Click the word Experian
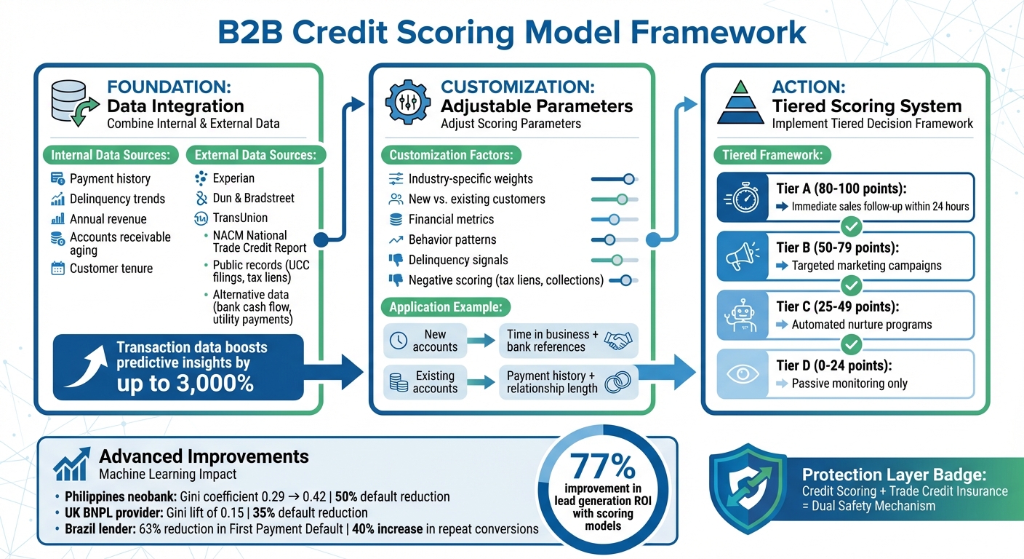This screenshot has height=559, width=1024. (x=233, y=178)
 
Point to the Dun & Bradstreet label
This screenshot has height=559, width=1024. (x=253, y=198)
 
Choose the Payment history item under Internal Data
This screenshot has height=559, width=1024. (x=110, y=178)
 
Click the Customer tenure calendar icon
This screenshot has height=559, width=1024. (x=58, y=269)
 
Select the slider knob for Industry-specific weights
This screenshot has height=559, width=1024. (x=629, y=178)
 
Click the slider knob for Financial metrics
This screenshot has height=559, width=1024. (x=614, y=219)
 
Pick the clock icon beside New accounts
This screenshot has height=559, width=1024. (x=399, y=341)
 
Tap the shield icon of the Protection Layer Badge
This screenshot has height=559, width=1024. (x=748, y=485)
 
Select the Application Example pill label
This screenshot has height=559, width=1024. (x=446, y=306)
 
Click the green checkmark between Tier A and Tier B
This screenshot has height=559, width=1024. (x=851, y=226)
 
